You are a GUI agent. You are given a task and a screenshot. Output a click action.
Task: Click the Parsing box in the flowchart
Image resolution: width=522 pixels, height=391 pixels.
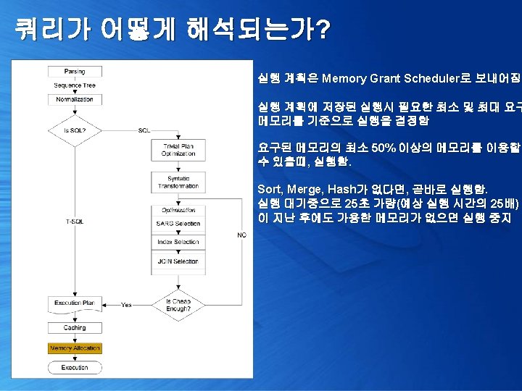pyautogui.click(x=75, y=72)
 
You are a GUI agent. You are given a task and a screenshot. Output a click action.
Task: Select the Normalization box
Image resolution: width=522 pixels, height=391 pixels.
pyautogui.click(x=75, y=99)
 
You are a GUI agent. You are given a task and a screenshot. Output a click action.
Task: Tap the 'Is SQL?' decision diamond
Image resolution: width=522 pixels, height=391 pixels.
pyautogui.click(x=75, y=130)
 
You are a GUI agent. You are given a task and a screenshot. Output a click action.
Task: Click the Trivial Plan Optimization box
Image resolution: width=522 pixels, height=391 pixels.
pyautogui.click(x=178, y=150)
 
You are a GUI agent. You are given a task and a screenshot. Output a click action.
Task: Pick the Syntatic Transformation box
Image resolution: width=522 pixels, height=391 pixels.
pyautogui.click(x=178, y=182)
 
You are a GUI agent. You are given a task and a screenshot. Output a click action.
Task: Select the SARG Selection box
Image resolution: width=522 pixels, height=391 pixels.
pyautogui.click(x=178, y=224)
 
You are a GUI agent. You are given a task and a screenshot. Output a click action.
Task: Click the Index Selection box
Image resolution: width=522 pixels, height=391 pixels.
pyautogui.click(x=178, y=243)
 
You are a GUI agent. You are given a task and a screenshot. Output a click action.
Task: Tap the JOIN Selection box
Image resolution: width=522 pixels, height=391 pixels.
pyautogui.click(x=178, y=261)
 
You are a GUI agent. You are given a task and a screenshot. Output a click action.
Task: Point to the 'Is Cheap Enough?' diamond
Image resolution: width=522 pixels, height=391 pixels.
pyautogui.click(x=178, y=305)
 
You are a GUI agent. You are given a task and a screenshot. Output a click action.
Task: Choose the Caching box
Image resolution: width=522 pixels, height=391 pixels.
pyautogui.click(x=75, y=328)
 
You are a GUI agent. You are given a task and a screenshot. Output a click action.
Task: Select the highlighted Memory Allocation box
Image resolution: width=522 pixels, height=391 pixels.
pyautogui.click(x=75, y=348)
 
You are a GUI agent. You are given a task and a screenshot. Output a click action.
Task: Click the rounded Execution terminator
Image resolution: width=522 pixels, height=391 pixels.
pyautogui.click(x=75, y=368)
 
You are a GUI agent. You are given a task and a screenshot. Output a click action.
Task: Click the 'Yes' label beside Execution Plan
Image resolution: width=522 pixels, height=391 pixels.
pyautogui.click(x=126, y=304)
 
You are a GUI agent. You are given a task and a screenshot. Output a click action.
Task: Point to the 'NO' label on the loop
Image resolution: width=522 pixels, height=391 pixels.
pyautogui.click(x=241, y=235)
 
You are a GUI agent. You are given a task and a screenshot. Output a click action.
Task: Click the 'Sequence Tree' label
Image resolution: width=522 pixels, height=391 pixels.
pyautogui.click(x=75, y=85)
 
